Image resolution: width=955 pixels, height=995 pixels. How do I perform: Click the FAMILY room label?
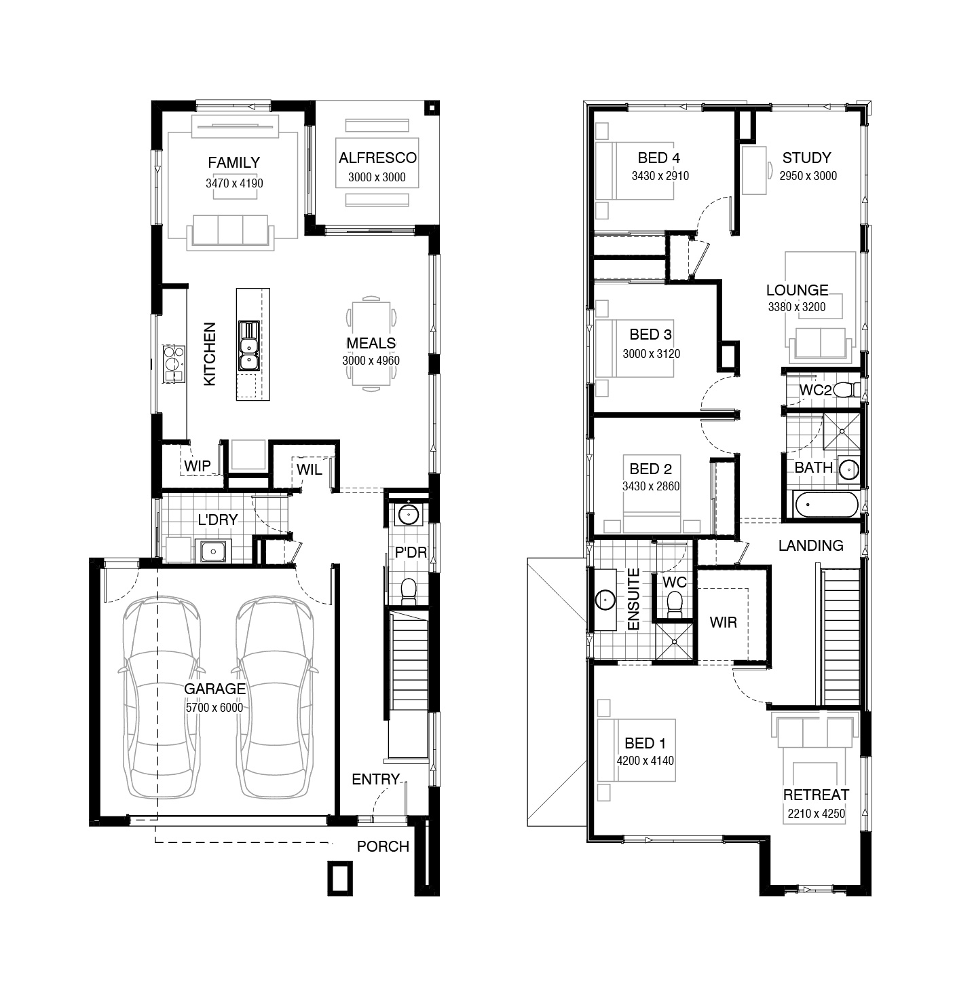[233, 162]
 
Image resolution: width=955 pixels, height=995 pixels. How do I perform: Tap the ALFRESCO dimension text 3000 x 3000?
[377, 177]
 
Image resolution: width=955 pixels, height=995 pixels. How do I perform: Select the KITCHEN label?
[210, 354]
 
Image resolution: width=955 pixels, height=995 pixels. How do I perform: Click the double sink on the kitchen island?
[249, 346]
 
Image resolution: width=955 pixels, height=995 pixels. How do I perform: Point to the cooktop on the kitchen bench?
[173, 363]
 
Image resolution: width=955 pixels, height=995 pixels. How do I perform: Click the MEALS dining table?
[371, 344]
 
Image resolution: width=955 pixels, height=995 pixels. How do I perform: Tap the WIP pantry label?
[198, 466]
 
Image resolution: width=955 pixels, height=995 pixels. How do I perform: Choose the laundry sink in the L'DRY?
[212, 551]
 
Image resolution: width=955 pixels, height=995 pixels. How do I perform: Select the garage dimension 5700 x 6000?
[214, 708]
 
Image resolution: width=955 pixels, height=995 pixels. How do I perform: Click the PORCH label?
[383, 846]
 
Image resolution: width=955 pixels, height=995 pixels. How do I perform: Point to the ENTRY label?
[375, 779]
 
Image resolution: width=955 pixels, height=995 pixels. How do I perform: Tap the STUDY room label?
[806, 158]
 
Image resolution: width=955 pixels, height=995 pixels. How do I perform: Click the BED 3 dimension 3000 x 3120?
[651, 353]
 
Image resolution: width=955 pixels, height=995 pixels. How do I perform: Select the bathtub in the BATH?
[826, 505]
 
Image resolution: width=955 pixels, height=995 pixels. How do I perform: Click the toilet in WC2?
[847, 390]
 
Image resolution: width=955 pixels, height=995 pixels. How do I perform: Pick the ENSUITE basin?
[605, 599]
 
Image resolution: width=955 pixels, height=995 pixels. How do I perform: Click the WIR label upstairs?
[723, 622]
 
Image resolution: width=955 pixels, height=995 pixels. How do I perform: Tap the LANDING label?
[810, 545]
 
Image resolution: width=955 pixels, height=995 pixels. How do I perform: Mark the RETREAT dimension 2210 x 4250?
[816, 814]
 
